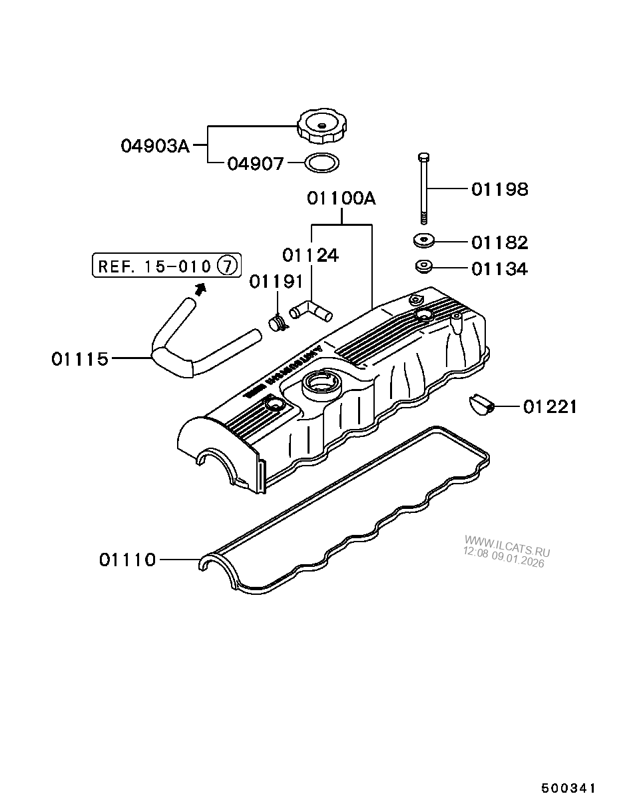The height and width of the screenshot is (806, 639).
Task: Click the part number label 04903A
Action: click(155, 145)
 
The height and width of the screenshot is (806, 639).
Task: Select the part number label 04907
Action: click(256, 164)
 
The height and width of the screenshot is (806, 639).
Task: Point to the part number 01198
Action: click(499, 190)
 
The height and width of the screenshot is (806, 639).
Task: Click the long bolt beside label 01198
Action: click(424, 188)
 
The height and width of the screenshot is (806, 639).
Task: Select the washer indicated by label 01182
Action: click(423, 240)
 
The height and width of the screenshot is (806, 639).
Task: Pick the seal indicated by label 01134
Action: click(423, 267)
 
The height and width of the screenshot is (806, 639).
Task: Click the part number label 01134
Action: click(499, 269)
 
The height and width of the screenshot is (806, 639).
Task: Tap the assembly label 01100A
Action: click(341, 198)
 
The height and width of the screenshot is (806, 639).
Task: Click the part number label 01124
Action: click(310, 255)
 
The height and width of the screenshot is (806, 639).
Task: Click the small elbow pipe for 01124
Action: click(311, 310)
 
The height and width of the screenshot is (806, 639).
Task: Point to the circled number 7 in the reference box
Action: click(227, 266)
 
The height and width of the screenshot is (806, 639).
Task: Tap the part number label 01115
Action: click(79, 359)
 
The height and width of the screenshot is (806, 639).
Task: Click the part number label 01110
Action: click(127, 560)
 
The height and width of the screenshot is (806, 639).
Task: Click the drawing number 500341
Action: click(567, 788)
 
